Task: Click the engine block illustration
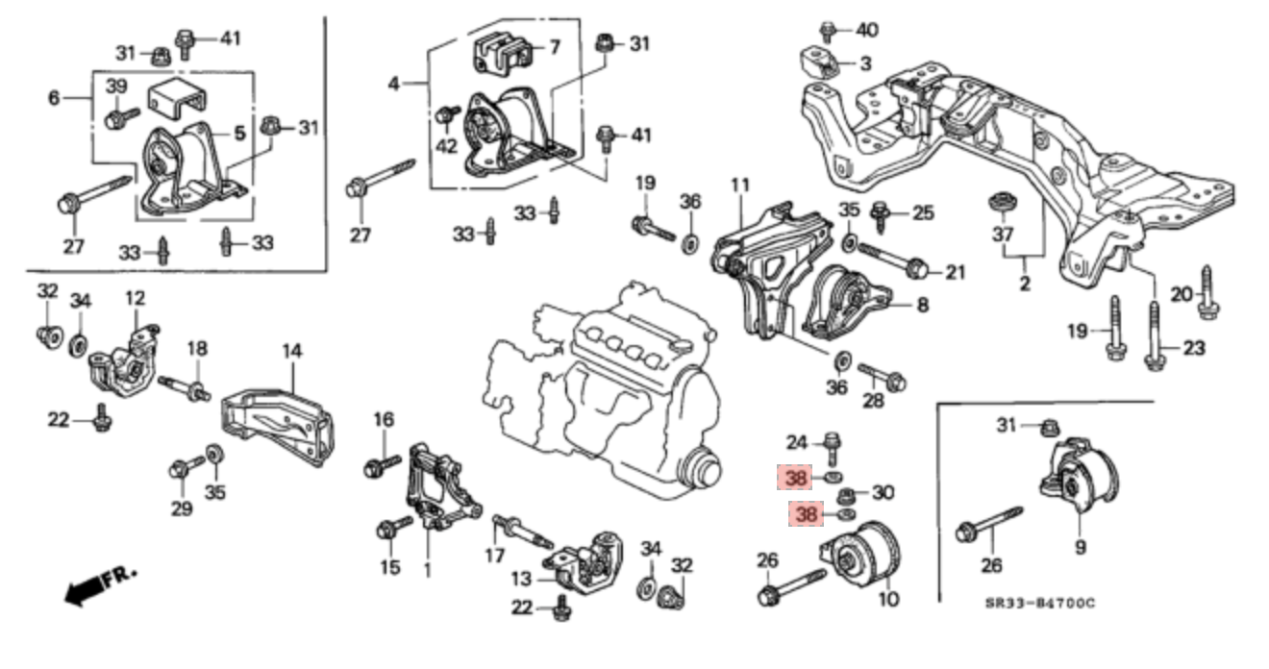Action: (x=615, y=384)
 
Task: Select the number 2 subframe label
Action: (x=1024, y=284)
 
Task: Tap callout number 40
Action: (x=866, y=31)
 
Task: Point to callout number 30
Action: (x=883, y=493)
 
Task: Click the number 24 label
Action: (x=797, y=443)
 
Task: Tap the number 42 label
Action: (x=447, y=146)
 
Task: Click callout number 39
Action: (x=115, y=87)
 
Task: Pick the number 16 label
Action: (x=384, y=419)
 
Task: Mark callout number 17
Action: (x=494, y=555)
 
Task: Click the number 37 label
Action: (x=1003, y=235)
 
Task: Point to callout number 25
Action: (x=923, y=212)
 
